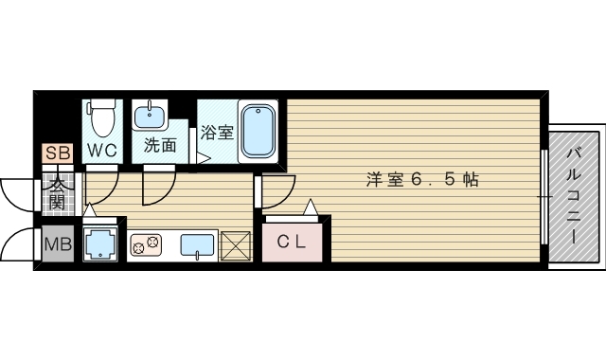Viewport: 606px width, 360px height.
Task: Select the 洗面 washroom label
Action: [160, 146]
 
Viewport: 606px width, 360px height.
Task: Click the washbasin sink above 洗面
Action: [150, 117]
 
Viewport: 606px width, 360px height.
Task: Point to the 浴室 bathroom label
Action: [218, 133]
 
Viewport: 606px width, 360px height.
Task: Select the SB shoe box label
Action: [56, 153]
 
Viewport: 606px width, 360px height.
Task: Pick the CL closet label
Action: [292, 242]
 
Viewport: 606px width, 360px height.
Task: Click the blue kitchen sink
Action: [197, 244]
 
